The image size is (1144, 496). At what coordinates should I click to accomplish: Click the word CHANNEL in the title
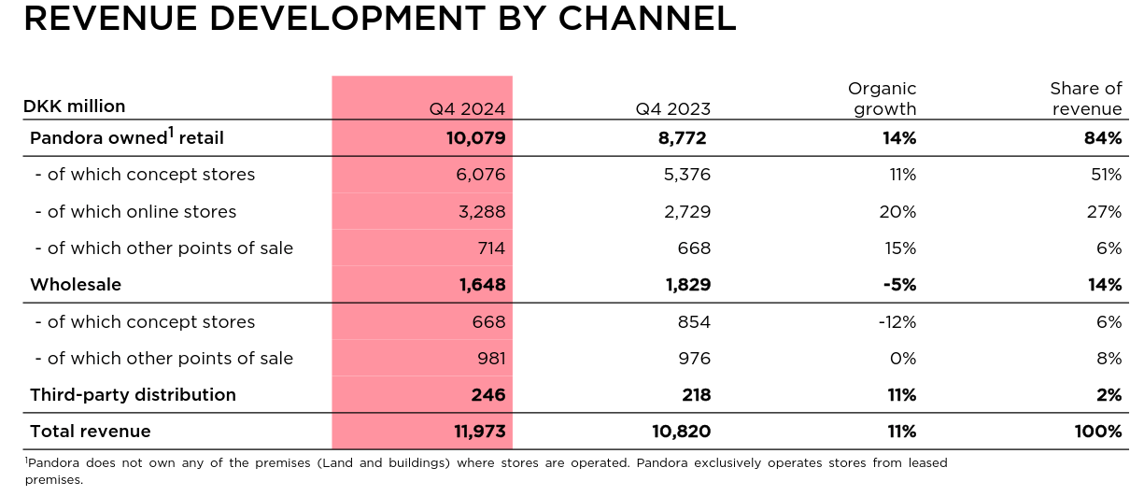point(643,19)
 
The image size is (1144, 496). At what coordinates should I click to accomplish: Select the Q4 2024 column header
point(467,108)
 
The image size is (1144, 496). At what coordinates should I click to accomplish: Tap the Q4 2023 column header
point(673,108)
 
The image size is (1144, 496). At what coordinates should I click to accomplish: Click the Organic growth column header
point(882,98)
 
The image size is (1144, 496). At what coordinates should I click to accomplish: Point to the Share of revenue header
point(1086,98)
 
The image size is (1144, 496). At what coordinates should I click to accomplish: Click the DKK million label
point(74,106)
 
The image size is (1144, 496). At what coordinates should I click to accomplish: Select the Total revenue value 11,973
point(475,432)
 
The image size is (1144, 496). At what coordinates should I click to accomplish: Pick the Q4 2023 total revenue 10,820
point(680,432)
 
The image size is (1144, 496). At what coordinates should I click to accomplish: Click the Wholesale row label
point(76,285)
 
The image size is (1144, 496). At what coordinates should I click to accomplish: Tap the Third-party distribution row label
point(133,395)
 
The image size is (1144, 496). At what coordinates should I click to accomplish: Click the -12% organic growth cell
point(897,322)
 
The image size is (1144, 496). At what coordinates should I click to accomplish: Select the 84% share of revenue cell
point(1103,138)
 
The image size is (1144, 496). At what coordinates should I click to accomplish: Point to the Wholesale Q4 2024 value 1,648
point(482,285)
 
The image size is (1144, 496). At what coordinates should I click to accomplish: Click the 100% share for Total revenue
point(1098,432)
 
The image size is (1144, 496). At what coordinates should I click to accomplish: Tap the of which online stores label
point(135,212)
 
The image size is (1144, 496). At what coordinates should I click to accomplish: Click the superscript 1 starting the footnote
point(27,461)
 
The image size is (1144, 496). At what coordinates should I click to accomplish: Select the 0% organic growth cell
point(904,359)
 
